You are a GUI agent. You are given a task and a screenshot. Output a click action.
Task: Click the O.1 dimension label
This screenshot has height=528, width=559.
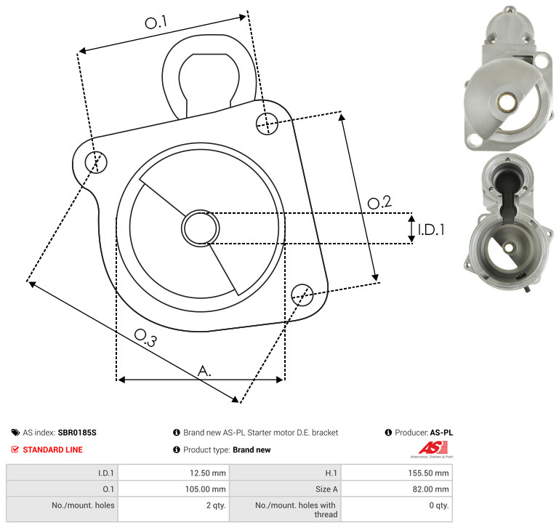pos(156,23)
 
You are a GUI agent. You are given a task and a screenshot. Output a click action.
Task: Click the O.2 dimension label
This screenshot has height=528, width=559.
pos(379,202)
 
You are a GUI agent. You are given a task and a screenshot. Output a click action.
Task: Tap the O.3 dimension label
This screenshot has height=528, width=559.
pos(145,337)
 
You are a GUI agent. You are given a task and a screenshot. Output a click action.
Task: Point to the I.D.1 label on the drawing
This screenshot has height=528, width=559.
pos(431,230)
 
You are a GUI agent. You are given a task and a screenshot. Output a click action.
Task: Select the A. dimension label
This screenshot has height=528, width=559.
pos(204,371)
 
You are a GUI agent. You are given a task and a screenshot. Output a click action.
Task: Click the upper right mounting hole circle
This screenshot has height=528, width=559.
pos(267,124)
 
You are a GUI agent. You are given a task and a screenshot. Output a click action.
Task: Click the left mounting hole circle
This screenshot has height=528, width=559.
pos(96,162)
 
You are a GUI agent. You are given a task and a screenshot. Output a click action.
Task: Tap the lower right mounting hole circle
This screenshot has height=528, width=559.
pos(302,295)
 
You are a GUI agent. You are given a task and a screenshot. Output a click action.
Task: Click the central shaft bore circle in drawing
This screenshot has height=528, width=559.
pos(201,228)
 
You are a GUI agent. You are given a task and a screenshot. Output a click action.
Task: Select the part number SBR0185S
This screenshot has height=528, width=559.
pos(77,433)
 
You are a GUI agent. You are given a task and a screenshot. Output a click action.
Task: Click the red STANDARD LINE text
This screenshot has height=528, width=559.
pos(53,449)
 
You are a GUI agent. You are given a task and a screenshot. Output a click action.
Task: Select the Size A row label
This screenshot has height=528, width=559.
pos(326,489)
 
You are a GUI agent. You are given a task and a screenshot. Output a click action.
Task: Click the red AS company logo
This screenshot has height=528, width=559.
pos(433,448)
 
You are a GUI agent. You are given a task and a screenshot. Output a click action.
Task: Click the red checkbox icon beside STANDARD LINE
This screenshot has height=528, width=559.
pos(15,449)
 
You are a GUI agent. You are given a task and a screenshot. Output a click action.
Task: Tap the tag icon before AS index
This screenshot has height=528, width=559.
pos(15,433)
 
